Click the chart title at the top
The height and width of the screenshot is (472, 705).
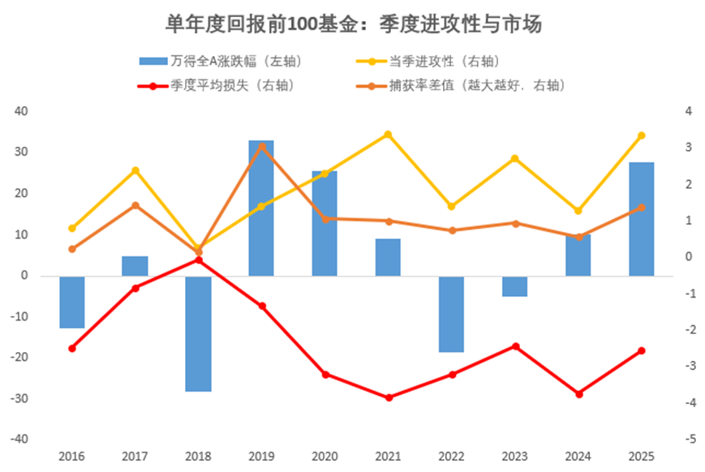(353, 24)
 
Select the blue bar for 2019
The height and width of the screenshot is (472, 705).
(261, 208)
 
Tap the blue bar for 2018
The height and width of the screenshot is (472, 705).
(198, 333)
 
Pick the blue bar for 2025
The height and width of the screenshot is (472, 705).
(642, 219)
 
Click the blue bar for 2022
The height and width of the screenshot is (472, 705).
(452, 314)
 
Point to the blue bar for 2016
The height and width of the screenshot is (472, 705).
(72, 302)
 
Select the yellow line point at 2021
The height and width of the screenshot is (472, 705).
(388, 135)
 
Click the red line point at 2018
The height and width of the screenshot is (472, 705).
(199, 260)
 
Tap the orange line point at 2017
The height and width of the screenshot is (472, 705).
(135, 205)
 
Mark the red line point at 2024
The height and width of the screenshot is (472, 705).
(578, 394)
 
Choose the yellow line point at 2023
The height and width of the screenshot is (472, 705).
(515, 158)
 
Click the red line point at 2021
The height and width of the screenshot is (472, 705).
(389, 397)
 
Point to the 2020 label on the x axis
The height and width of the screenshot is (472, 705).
(325, 457)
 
